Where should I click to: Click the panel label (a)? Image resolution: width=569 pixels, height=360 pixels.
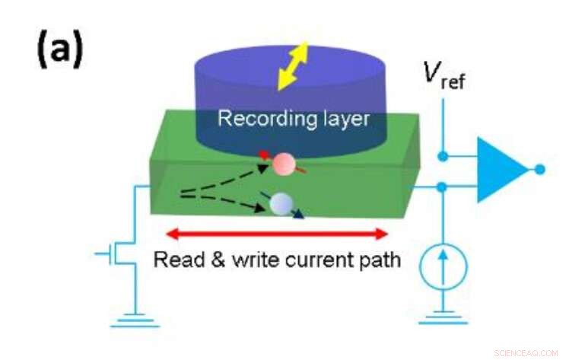point(59,50)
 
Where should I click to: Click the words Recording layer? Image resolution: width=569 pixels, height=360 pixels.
point(293,119)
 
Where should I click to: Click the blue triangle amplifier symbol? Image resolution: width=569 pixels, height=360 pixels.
point(500,169)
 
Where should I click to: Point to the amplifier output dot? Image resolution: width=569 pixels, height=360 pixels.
point(539,169)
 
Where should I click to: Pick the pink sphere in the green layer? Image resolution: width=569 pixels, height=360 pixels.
point(284,164)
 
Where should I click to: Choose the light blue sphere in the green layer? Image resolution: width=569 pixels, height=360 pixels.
point(281,203)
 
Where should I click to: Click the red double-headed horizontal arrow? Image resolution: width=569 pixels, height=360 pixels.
point(278,233)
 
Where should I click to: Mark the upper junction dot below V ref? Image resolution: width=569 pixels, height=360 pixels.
point(443,156)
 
